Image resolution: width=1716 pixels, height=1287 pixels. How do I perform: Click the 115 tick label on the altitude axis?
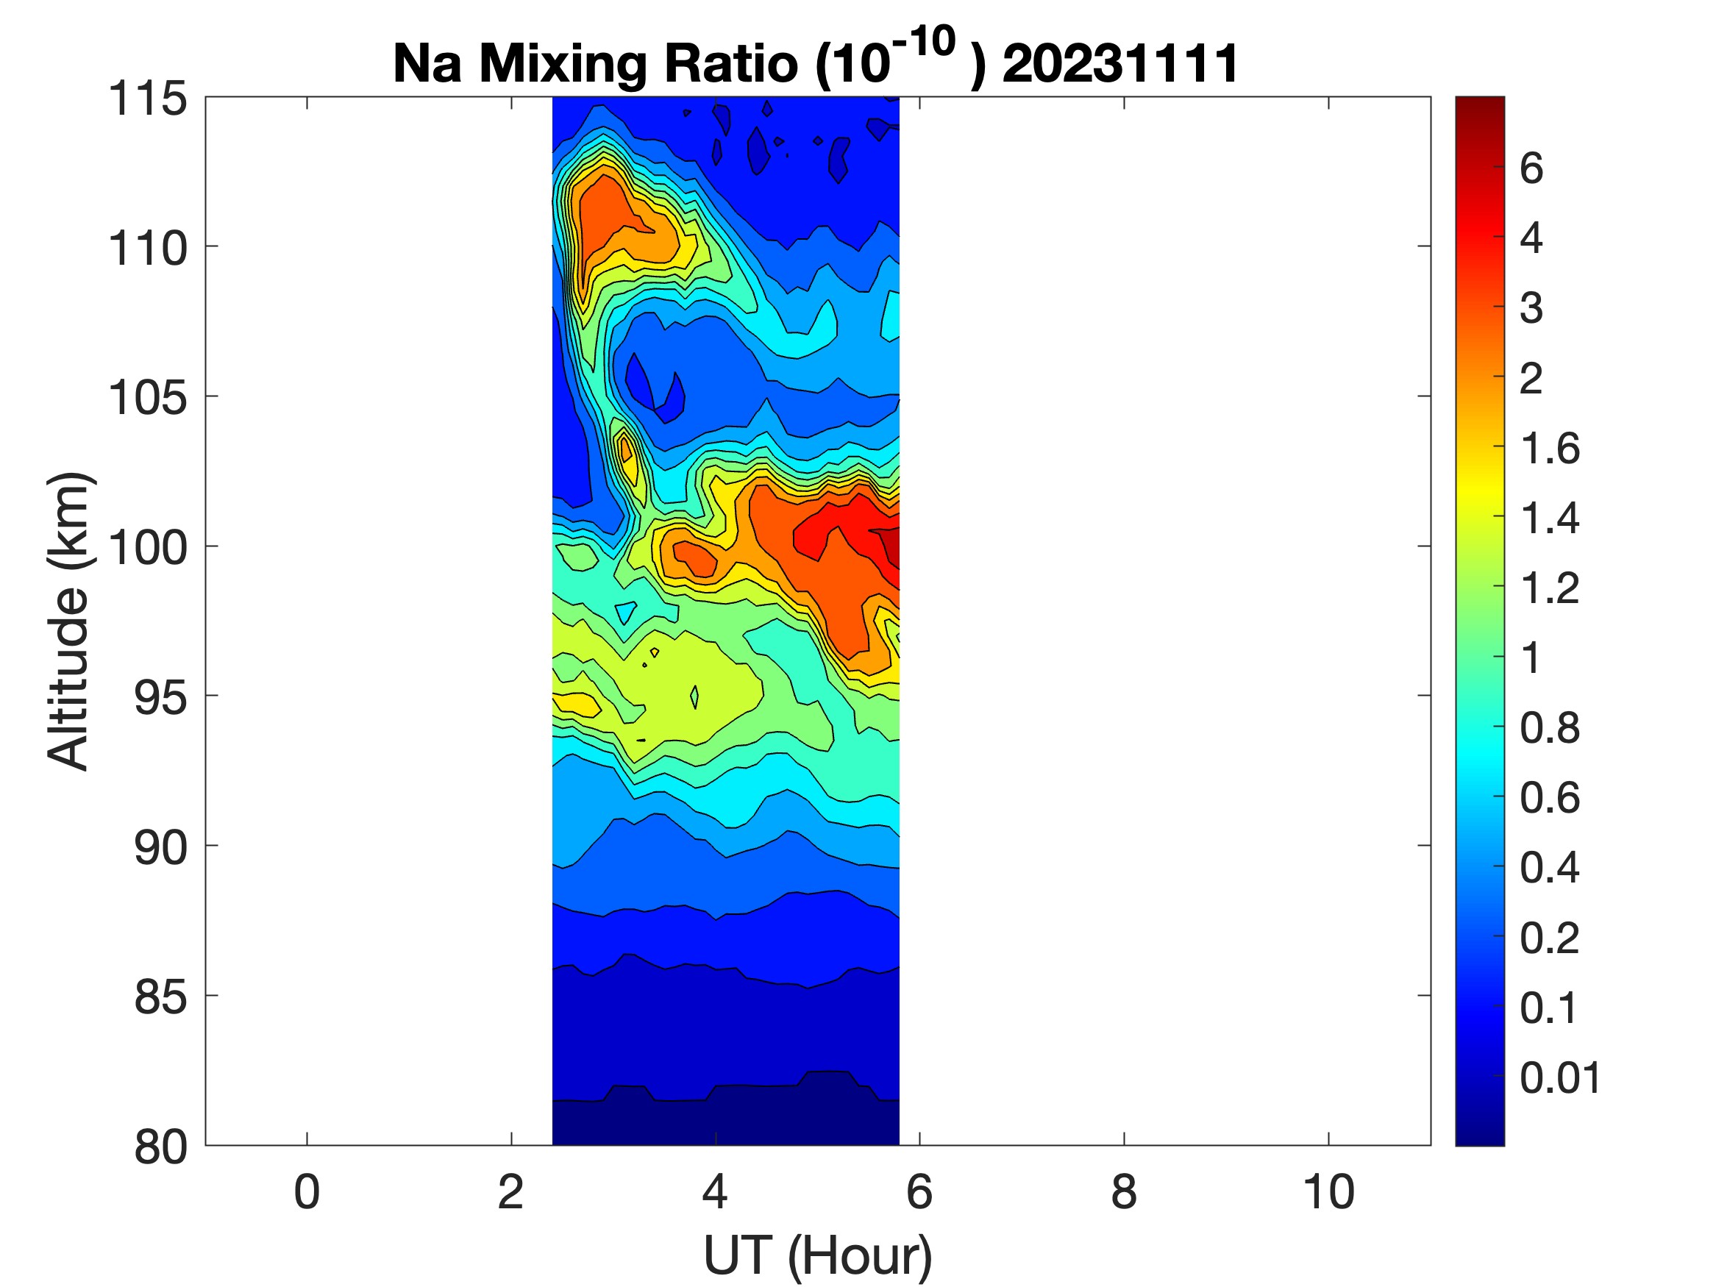(147, 99)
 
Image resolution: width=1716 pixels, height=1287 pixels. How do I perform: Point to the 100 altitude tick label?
(147, 548)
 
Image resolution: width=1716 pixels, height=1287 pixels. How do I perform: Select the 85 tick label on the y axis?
(160, 997)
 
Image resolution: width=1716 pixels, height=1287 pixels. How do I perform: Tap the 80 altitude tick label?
(160, 1147)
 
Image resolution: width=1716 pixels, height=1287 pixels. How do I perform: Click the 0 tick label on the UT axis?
(307, 1192)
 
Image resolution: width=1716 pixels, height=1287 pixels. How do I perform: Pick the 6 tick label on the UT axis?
(919, 1192)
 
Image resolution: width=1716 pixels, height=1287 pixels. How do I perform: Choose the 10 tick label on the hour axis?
(1328, 1192)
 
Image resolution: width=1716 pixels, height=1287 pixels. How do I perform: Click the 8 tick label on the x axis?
(1124, 1192)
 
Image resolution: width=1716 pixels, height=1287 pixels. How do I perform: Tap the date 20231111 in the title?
(1120, 63)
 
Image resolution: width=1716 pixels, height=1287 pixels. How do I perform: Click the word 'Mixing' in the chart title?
(563, 63)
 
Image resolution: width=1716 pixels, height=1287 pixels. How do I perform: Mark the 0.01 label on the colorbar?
(1560, 1077)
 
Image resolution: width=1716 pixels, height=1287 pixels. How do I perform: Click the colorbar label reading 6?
(1531, 168)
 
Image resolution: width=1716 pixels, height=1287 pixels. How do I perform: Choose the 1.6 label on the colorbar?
(1549, 448)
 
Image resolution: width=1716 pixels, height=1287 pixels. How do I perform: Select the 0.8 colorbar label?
(1549, 727)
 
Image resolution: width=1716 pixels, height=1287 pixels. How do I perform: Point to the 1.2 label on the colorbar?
(1549, 588)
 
